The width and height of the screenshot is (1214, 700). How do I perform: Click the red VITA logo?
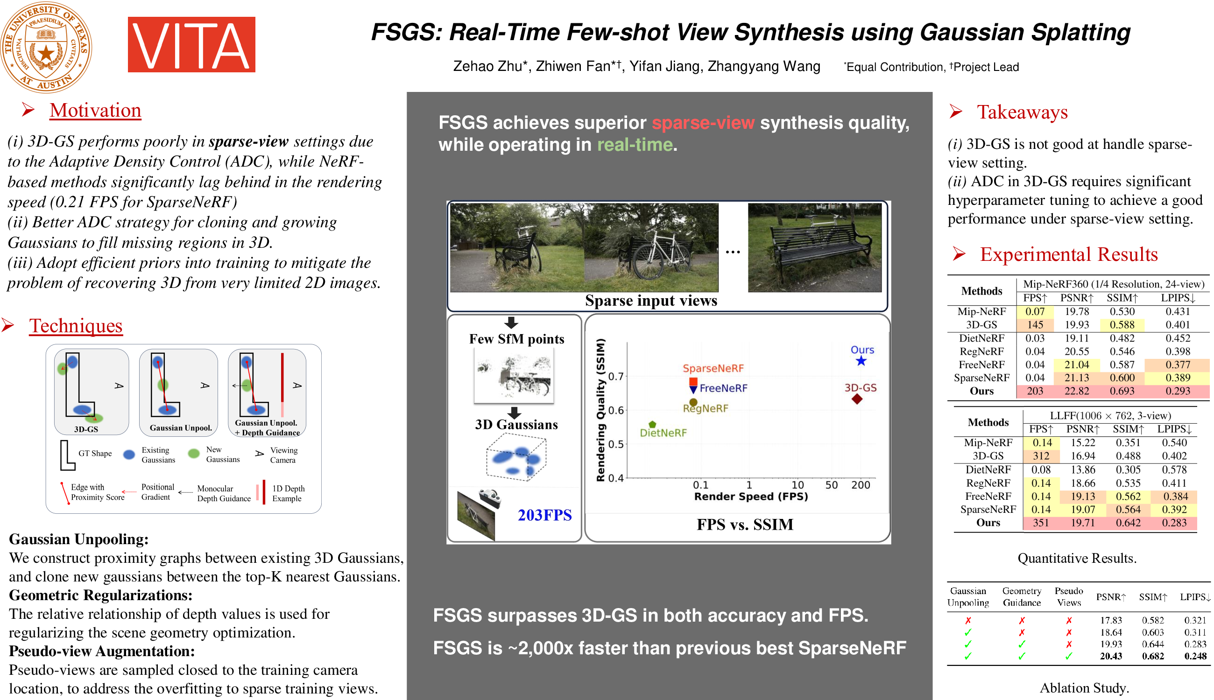click(191, 45)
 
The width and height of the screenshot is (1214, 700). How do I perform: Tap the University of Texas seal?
click(46, 47)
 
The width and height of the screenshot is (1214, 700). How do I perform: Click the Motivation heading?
click(95, 111)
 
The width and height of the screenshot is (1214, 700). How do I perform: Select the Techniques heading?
click(76, 326)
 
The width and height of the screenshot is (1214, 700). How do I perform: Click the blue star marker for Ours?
click(861, 361)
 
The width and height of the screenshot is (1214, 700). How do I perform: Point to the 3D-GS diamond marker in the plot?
click(857, 399)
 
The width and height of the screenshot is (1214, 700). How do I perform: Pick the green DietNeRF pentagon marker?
click(652, 425)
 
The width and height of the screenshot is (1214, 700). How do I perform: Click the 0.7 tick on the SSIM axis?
click(616, 377)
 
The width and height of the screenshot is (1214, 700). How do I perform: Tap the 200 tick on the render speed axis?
click(861, 485)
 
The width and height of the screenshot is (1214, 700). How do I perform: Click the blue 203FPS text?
click(544, 515)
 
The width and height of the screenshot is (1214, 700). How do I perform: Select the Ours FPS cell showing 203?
click(1035, 392)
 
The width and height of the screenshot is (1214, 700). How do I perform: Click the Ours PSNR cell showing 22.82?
click(1076, 392)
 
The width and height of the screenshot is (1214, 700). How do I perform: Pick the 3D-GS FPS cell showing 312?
click(1041, 456)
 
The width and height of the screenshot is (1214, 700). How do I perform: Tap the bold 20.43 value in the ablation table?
click(1111, 656)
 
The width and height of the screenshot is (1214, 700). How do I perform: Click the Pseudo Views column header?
click(1069, 597)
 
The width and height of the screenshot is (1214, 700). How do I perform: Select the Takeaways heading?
click(1022, 112)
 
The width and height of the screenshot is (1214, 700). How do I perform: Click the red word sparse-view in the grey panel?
click(703, 123)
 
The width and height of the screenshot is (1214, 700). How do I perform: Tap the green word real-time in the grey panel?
click(635, 145)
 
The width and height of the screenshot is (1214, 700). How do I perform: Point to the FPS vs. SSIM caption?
click(745, 525)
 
